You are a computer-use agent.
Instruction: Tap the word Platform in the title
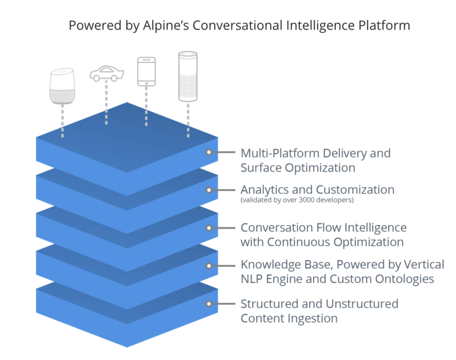click(x=384, y=25)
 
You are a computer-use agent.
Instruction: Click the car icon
click(x=107, y=74)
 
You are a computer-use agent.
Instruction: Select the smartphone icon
click(x=146, y=72)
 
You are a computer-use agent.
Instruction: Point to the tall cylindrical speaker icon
click(x=188, y=76)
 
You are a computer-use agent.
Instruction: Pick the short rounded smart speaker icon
click(x=62, y=86)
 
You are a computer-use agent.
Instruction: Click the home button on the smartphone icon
click(x=146, y=83)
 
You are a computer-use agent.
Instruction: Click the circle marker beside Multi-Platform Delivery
click(x=209, y=152)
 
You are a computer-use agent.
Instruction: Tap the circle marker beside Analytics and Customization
click(x=209, y=190)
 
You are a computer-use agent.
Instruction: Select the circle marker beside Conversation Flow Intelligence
click(x=209, y=228)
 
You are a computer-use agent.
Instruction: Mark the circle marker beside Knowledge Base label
click(x=209, y=265)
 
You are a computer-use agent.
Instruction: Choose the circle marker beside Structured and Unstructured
click(x=209, y=304)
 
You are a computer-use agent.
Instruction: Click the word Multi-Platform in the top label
click(x=280, y=154)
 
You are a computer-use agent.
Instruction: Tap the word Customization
click(x=355, y=190)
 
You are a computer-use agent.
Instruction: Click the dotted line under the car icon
click(x=107, y=103)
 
